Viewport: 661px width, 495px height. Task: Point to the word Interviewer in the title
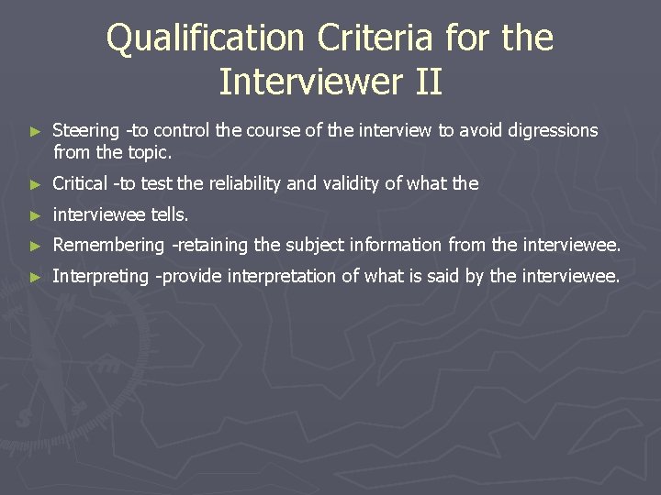[x=305, y=82]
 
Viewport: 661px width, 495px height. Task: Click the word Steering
[x=86, y=131]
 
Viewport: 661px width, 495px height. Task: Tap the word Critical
[x=80, y=183]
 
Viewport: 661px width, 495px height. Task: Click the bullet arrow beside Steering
[x=36, y=132]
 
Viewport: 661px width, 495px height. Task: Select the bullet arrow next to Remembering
[x=36, y=247]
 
